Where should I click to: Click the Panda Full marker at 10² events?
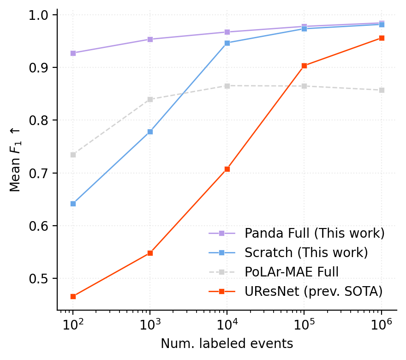coord(73,53)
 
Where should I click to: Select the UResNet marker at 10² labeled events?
coord(73,296)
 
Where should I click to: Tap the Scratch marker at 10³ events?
coord(150,132)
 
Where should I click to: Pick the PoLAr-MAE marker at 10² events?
coord(73,155)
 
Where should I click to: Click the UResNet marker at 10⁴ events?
coord(227,169)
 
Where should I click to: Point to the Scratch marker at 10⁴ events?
coord(227,43)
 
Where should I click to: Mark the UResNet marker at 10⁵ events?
coord(304,66)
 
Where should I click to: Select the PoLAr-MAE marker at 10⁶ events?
coord(382,90)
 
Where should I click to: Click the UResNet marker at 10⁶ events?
coord(382,38)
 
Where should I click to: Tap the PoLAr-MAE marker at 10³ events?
coord(150,99)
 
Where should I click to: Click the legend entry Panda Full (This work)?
coord(314,233)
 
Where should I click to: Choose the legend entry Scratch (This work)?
coord(306,252)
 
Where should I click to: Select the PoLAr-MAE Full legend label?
coord(292,272)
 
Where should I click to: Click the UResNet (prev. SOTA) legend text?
coord(313,291)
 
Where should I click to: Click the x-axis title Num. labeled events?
coord(227,344)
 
